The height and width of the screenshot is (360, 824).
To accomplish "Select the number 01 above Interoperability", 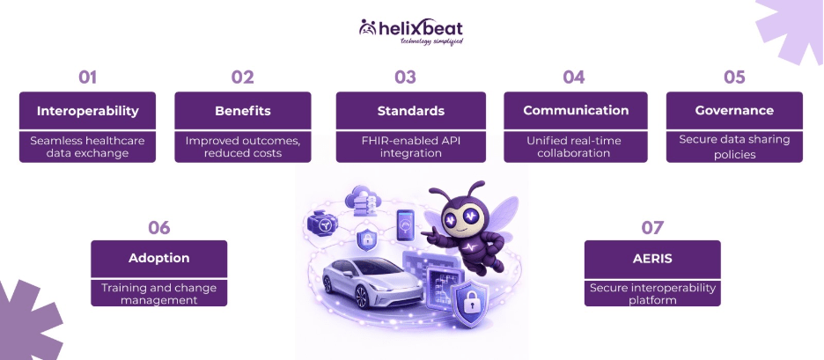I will [87, 77].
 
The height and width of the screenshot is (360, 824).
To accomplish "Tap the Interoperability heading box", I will [87, 111].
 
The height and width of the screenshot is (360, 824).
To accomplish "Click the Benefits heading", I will [242, 111].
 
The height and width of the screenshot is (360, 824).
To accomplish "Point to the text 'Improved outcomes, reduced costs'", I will [242, 146].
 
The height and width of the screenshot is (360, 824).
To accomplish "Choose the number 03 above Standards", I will [404, 77].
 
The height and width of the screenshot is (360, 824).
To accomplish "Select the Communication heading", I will [576, 111].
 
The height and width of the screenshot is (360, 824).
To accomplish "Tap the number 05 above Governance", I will [734, 77].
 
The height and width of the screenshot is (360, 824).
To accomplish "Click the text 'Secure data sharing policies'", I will [734, 146].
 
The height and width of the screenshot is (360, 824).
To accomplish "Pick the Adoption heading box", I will [158, 259].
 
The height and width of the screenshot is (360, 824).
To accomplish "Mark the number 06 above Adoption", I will [158, 227].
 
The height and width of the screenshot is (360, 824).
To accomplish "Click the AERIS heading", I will [652, 259].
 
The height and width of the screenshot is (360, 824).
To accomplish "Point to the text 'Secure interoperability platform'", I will [652, 294].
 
